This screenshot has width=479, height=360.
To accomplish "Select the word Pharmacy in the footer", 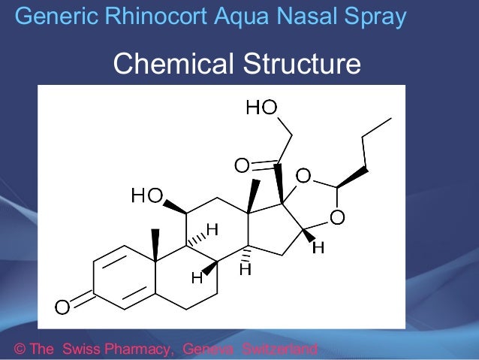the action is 140,349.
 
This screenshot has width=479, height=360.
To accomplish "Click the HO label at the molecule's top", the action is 262,109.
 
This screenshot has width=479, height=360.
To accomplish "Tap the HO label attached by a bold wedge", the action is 146,197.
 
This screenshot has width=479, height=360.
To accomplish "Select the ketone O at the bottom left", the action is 62,306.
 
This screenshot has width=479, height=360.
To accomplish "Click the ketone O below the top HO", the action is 241,165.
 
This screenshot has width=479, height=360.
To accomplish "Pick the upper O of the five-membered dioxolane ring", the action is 303,177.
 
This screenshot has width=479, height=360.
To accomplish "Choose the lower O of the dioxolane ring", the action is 338,218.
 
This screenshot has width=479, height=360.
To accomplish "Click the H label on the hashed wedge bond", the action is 212,228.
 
